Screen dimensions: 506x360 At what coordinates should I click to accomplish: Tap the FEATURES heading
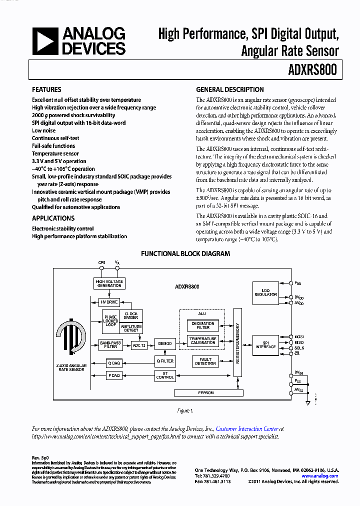pos(46,90)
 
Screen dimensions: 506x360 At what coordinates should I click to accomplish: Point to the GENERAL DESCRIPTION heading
pos(229,90)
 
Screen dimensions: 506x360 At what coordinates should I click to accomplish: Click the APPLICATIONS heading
pos(53,218)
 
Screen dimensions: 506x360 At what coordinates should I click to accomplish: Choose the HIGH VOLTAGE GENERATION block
pos(109,283)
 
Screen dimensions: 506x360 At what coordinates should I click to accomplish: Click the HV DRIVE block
pos(108,302)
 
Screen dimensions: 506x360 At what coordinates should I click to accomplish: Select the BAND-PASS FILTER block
pos(110,344)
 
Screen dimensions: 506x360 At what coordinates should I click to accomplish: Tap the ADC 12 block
pos(139,344)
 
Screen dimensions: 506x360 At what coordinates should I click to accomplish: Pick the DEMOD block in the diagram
pos(164,343)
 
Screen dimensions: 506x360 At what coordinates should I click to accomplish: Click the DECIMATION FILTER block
pos(203,325)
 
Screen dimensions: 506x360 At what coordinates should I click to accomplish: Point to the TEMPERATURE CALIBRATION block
pos(203,341)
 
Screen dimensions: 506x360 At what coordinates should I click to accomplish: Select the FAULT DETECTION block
pos(205,361)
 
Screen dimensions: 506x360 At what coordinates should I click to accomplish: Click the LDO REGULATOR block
pos(265,293)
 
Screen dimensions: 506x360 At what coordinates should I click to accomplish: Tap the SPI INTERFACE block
pos(265,345)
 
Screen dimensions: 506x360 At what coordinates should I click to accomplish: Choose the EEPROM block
pos(206,393)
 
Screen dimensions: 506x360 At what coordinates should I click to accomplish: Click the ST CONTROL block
pos(165,375)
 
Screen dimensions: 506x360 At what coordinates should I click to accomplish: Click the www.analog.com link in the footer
pos(320,476)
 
